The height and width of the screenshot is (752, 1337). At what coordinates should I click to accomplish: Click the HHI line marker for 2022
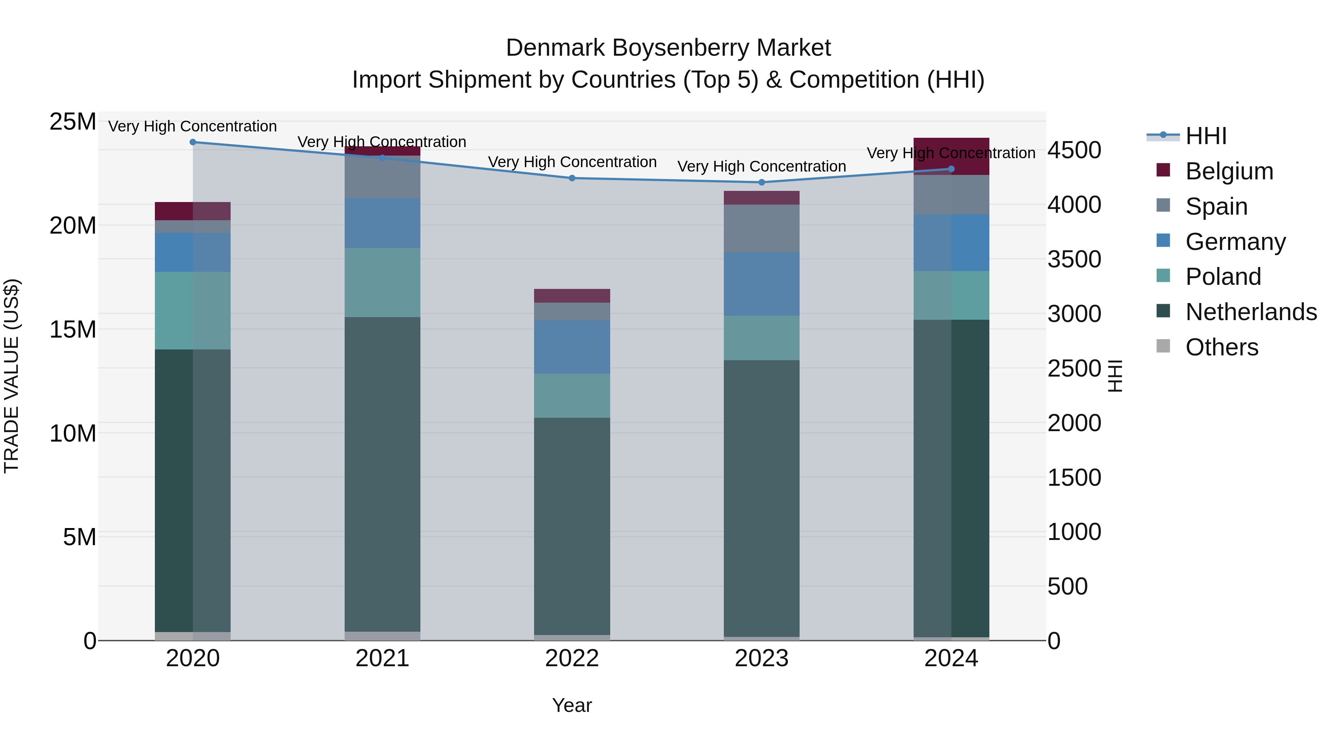572,178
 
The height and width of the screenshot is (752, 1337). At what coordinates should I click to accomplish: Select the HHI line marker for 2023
761,182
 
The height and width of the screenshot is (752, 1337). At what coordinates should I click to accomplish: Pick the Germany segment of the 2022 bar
572,347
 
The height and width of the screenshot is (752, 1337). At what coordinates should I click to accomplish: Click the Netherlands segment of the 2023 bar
761,498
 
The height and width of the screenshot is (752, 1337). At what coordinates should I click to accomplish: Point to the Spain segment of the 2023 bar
761,228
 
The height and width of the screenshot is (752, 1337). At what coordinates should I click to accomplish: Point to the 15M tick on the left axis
73,329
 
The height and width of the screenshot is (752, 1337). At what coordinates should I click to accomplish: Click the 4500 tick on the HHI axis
1074,150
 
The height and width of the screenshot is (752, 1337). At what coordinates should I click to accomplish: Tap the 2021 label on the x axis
383,658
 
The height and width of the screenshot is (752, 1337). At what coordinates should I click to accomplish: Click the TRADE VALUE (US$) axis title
12,376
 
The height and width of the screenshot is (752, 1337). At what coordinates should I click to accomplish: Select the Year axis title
572,705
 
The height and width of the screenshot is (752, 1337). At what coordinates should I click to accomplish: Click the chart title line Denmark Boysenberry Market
668,48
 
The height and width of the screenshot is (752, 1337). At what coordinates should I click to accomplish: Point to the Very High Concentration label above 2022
572,162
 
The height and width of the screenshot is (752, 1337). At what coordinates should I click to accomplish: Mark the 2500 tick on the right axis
1074,368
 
